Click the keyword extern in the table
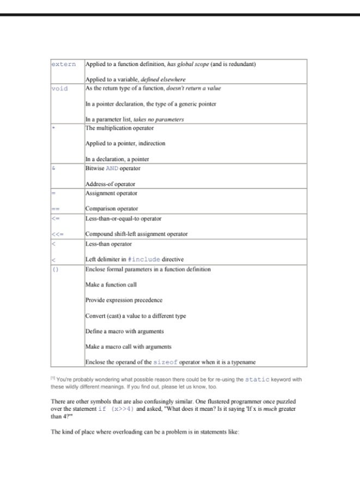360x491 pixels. click(x=63, y=64)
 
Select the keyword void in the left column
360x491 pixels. click(x=59, y=88)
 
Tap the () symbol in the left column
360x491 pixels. click(x=55, y=270)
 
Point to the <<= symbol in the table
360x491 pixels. click(x=58, y=234)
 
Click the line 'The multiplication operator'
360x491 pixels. click(x=119, y=128)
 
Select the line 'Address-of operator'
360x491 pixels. click(x=110, y=184)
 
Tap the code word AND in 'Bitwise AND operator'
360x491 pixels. click(x=112, y=169)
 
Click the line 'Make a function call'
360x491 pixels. click(x=111, y=285)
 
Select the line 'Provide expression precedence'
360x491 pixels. click(x=124, y=300)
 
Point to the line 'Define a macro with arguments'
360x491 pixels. click(x=124, y=331)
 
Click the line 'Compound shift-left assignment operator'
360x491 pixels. click(x=136, y=234)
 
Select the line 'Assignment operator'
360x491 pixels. click(x=111, y=193)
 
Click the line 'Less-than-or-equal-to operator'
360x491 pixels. click(x=123, y=219)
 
